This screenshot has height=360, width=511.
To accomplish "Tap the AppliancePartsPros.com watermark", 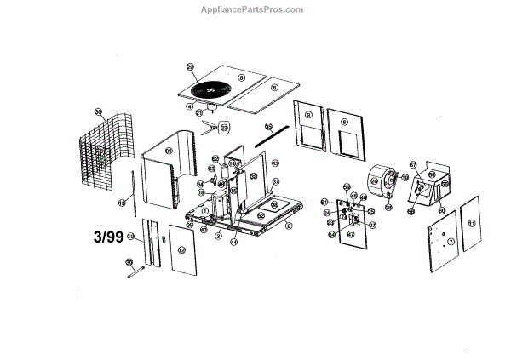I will pyautogui.click(x=255, y=9).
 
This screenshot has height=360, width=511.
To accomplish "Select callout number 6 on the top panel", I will pyautogui.click(x=242, y=77).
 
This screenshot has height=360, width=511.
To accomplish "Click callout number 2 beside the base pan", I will pyautogui.click(x=289, y=226).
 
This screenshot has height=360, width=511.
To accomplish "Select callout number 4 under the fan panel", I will pyautogui.click(x=191, y=106).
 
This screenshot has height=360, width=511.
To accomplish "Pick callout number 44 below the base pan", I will pyautogui.click(x=233, y=242).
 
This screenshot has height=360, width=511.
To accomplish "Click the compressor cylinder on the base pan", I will pyautogui.click(x=217, y=205).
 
